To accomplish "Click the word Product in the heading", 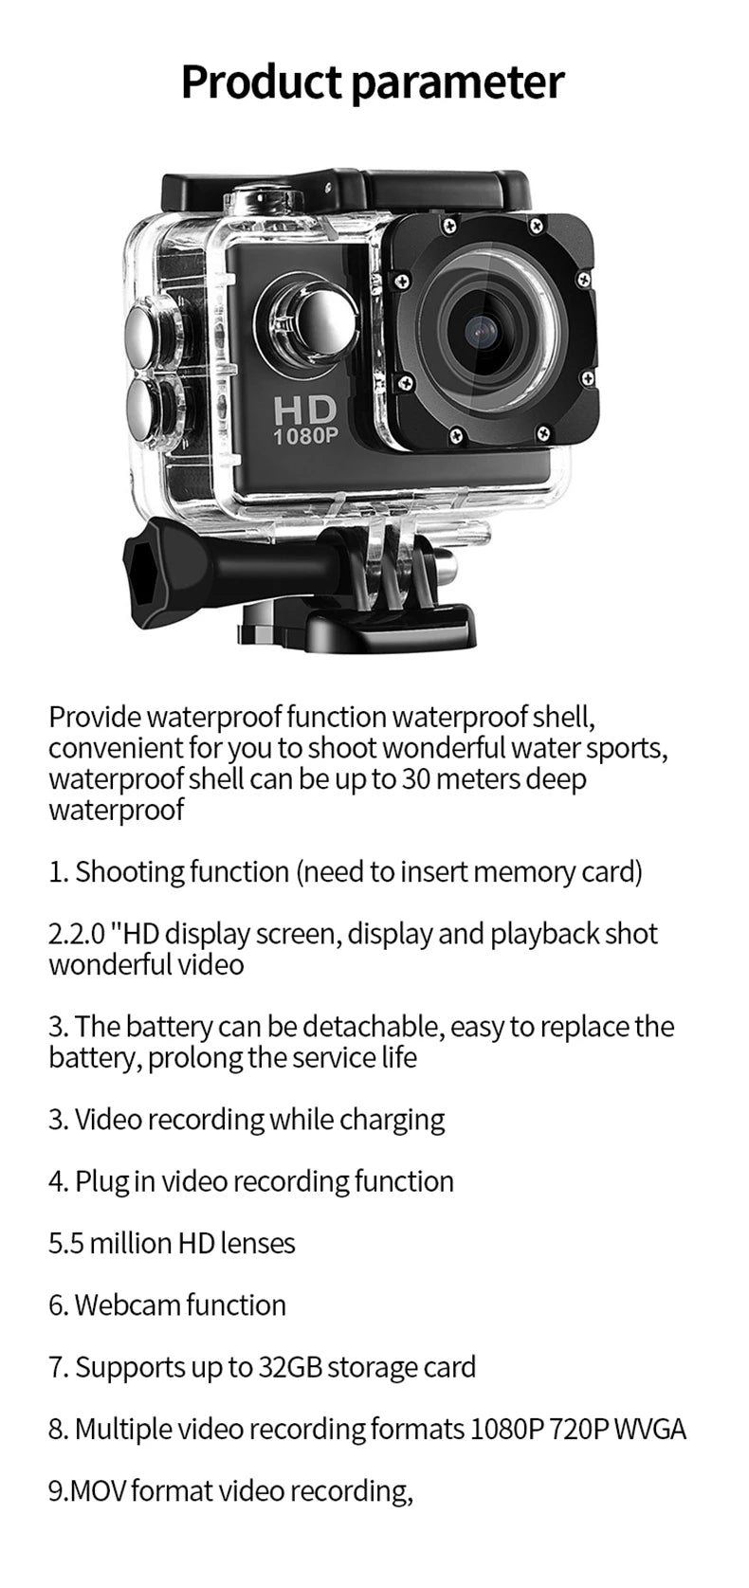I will pyautogui.click(x=262, y=82).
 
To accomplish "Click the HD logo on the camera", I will pyautogui.click(x=305, y=410).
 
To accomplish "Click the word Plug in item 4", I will pyautogui.click(x=101, y=1181).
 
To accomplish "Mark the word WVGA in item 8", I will pyautogui.click(x=649, y=1429).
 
